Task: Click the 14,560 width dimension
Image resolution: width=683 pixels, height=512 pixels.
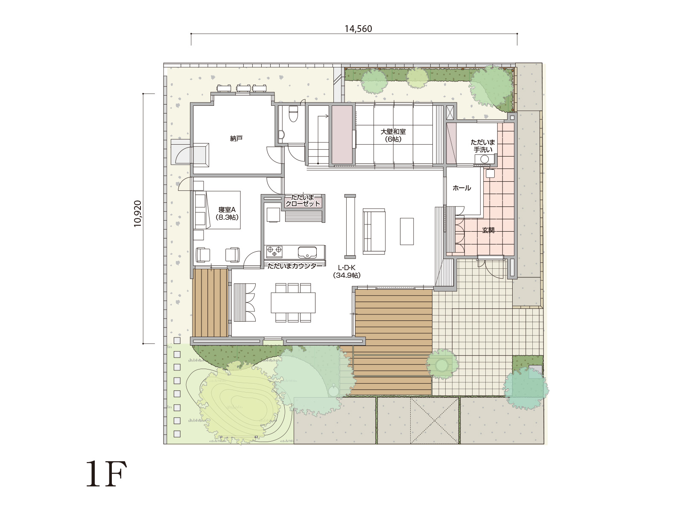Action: click(x=358, y=29)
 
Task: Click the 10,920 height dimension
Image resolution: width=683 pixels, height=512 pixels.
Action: click(x=138, y=214)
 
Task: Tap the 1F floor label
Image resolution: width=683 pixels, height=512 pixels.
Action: click(x=106, y=474)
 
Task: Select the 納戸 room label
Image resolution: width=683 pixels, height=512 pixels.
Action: click(x=236, y=139)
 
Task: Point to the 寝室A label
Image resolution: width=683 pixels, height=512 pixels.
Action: click(x=227, y=210)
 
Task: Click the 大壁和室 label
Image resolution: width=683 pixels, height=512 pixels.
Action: click(x=393, y=131)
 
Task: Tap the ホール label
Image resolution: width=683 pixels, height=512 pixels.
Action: click(x=462, y=188)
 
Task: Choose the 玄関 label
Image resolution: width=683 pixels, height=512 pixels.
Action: click(x=488, y=230)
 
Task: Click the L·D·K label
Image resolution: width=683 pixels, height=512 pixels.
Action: click(x=347, y=268)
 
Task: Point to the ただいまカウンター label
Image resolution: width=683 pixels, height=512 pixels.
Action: click(x=295, y=266)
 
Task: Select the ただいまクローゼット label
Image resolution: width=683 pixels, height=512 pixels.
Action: click(x=303, y=201)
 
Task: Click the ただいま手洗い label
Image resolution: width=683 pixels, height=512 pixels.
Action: click(x=483, y=146)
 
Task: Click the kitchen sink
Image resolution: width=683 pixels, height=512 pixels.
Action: click(x=307, y=252)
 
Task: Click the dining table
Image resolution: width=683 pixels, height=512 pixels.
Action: click(x=293, y=303)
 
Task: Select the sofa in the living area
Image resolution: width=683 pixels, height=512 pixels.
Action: click(x=374, y=231)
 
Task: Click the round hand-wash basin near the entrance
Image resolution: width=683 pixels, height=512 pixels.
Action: click(x=485, y=159)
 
